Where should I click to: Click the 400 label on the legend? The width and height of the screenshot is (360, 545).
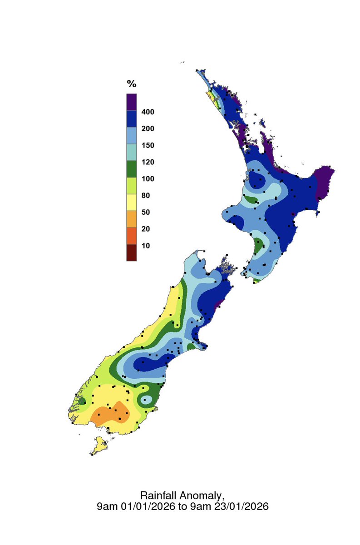point(147,112)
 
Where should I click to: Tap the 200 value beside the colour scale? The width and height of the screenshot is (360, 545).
point(147,129)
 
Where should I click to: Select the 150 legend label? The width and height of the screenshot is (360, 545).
point(147,146)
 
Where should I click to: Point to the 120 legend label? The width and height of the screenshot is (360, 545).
point(147,162)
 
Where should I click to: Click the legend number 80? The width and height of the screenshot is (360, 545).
point(145,196)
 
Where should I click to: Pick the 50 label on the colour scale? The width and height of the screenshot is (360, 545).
point(145,213)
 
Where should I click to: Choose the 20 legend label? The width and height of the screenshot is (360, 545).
point(145,229)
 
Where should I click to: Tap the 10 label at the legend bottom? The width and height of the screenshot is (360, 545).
point(145,246)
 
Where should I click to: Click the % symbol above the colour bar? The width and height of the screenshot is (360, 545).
point(131,84)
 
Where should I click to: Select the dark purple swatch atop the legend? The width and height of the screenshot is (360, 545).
point(131,102)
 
